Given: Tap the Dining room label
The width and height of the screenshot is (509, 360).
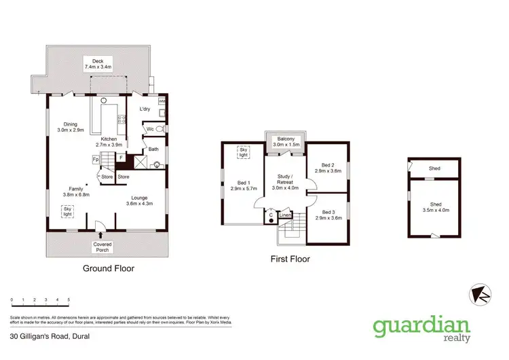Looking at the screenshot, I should pos(71,126).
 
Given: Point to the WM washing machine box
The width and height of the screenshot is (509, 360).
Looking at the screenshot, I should pos(162,101).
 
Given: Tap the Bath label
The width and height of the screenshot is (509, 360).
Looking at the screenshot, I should pos(153,149).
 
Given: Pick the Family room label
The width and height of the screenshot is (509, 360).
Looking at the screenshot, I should pos(75,192).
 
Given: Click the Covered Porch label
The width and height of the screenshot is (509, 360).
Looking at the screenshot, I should pos(103,247).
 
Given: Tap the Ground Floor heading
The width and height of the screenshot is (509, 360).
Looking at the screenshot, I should pos(109,268).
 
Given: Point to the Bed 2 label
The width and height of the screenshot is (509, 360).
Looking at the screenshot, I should pos(328,168).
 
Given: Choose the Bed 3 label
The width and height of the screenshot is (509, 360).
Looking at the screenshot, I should pos(328,215).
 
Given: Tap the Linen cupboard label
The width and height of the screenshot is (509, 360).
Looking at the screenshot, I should pos(285,215).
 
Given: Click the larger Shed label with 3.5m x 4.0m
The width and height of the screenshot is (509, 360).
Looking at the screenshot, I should pos(435,207).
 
